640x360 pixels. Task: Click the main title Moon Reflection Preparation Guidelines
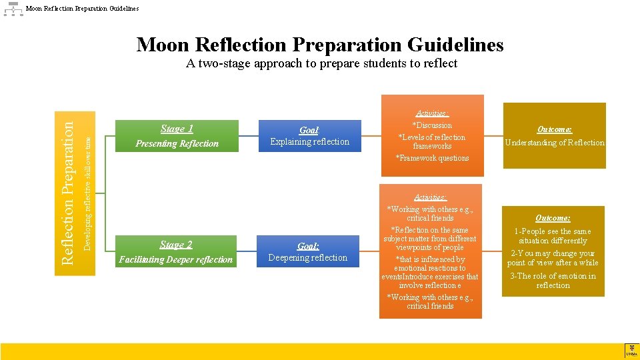[320, 45]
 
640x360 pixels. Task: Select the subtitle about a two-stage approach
[321, 63]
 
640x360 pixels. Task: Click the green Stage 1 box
[177, 136]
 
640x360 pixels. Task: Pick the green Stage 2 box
[176, 252]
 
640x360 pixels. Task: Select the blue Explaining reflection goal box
[309, 136]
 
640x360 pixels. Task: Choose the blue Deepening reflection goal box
[308, 251]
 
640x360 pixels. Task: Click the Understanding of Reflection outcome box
[554, 136]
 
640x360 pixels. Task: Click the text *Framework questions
[433, 158]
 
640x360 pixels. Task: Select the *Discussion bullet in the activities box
[433, 125]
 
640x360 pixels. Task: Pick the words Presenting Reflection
[177, 143]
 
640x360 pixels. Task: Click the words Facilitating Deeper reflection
[176, 259]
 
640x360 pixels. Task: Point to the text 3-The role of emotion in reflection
[553, 281]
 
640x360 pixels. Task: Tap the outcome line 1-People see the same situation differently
[553, 236]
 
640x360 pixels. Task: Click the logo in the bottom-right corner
[631, 351]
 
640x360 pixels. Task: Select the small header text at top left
[83, 9]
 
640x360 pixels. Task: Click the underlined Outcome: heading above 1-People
[553, 218]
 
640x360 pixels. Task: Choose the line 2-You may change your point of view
[553, 258]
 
